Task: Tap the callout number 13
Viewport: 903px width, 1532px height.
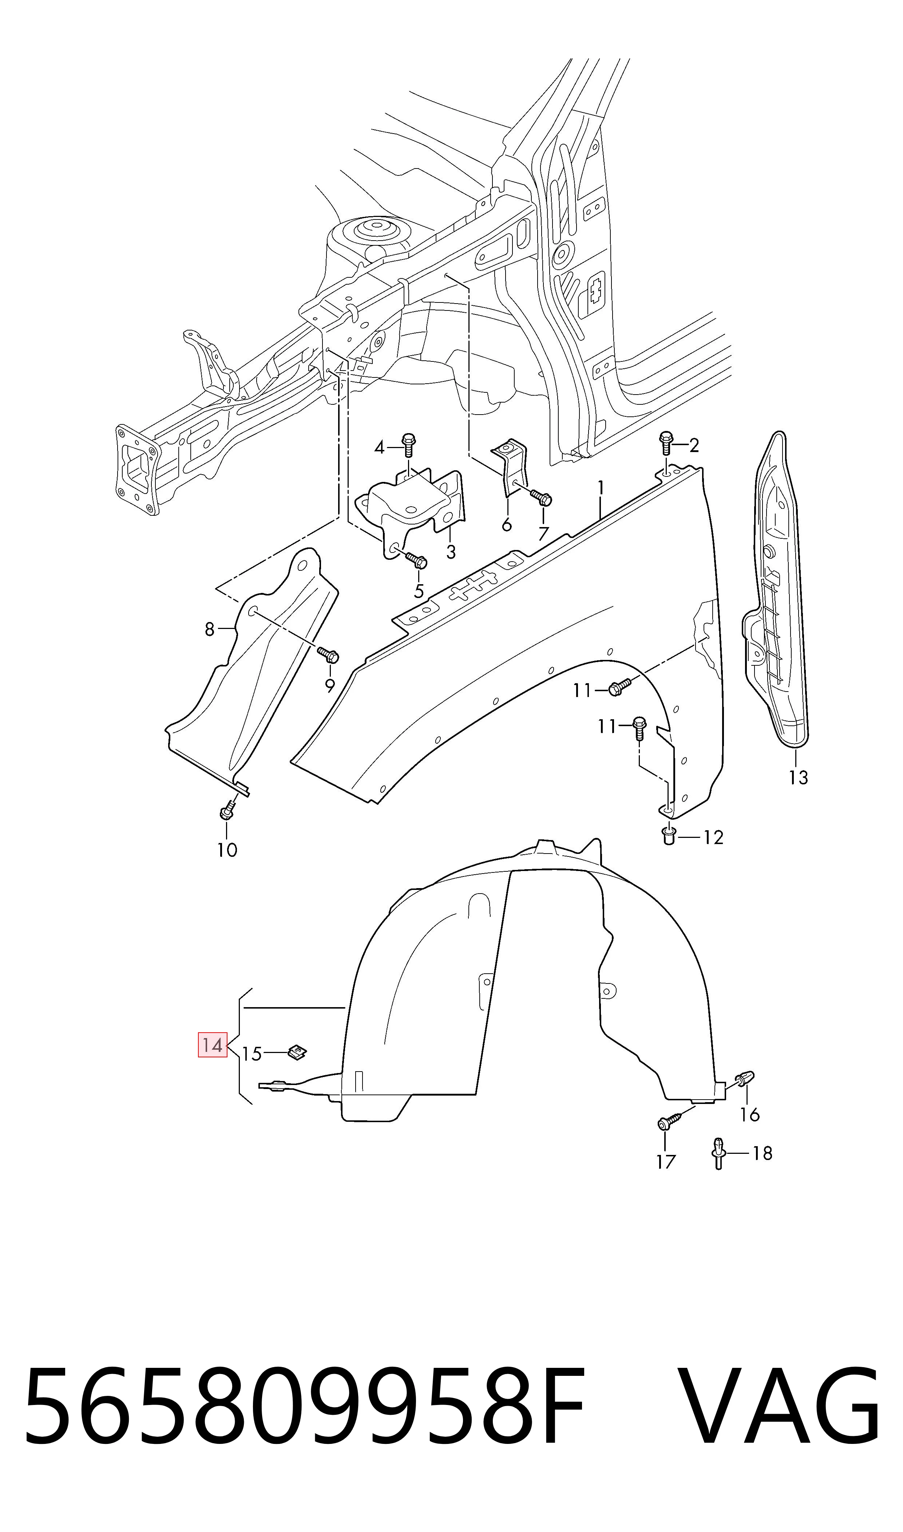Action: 798,777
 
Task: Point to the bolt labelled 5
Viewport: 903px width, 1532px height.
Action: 417,561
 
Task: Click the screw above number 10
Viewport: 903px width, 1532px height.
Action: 227,809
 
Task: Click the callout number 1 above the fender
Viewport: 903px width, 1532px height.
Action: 601,488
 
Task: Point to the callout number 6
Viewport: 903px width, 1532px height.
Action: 506,524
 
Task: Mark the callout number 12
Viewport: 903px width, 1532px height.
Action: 713,838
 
